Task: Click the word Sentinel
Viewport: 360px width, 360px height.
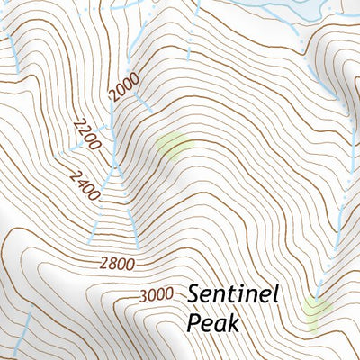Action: [x=235, y=294]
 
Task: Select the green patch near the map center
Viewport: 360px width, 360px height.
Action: [x=174, y=145]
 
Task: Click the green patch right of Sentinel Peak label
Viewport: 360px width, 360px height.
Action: [x=316, y=309]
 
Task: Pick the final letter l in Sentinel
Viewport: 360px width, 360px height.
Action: [x=277, y=294]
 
